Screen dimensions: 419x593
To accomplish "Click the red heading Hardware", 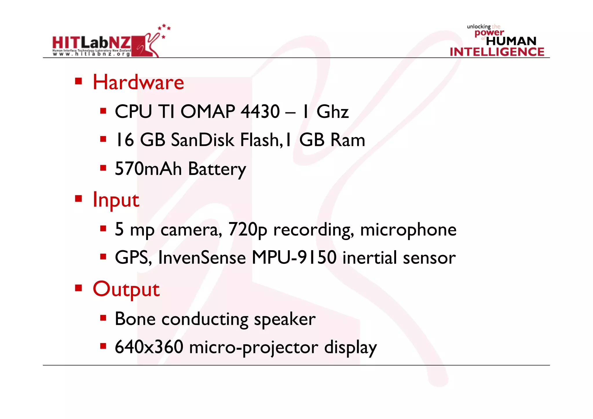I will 138,82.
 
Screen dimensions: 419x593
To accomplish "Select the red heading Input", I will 116,200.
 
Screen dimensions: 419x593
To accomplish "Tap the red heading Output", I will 126,289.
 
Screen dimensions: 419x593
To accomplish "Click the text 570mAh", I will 148,169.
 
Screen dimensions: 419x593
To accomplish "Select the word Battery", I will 217,169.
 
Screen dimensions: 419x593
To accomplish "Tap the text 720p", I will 248,230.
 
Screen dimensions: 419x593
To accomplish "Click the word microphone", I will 408,230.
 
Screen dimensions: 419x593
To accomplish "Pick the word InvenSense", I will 202,257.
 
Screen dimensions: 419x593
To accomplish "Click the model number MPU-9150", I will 294,257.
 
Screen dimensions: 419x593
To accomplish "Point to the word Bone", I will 135,319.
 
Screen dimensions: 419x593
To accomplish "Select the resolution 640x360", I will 149,347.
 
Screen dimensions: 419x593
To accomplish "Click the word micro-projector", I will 254,347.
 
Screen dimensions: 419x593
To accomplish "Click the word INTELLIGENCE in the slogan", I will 497,52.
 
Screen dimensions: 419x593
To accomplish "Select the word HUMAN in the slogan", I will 511,41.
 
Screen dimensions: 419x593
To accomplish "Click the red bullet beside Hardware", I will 78,81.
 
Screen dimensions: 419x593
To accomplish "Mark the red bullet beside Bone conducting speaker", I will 103,318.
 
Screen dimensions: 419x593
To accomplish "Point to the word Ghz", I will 332,112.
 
